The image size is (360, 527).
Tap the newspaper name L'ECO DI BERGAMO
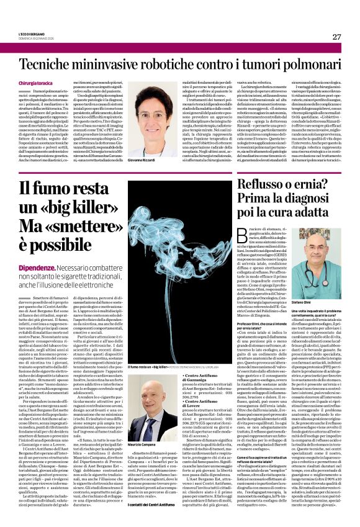pos(30,34)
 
